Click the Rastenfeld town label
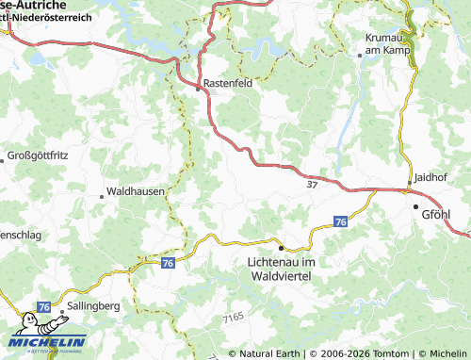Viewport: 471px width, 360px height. [x=232, y=82]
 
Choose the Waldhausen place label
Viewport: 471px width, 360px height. [x=136, y=190]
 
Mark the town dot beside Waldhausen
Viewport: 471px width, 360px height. [x=102, y=196]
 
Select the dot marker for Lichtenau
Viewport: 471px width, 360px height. [x=280, y=247]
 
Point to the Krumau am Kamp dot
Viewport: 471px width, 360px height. [x=360, y=55]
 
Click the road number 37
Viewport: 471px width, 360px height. [x=312, y=185]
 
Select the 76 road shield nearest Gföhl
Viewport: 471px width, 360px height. [x=340, y=221]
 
